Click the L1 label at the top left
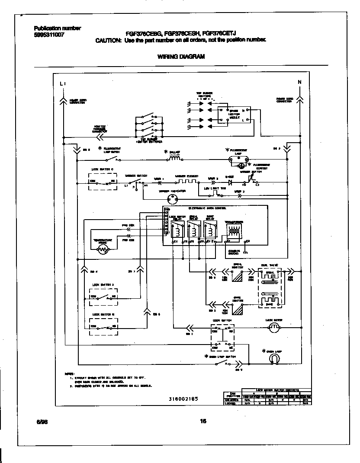point(63,83)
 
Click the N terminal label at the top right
point(299,82)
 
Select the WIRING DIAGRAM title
point(180,56)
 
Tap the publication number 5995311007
point(49,35)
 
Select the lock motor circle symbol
point(273,329)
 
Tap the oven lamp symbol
point(273,359)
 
